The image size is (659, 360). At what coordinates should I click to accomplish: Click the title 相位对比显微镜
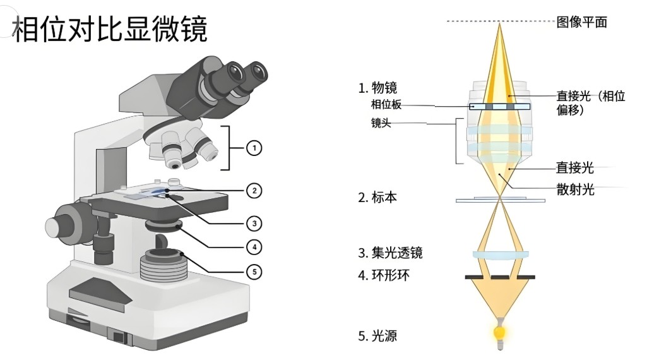point(110,30)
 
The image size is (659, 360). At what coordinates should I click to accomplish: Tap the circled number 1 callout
point(253,148)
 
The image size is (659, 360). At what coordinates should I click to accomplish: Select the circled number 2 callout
point(253,189)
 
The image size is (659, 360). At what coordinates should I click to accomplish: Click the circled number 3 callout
point(253,223)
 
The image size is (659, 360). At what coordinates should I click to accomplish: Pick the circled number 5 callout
point(253,272)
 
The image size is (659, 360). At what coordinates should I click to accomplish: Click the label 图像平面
point(581,22)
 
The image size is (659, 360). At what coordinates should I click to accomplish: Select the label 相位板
point(386,104)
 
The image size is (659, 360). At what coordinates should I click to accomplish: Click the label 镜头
point(381,123)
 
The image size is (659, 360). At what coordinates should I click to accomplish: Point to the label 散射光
point(574,189)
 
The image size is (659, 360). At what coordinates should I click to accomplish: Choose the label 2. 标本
point(377,198)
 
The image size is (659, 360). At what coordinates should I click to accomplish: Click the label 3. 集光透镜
point(390,253)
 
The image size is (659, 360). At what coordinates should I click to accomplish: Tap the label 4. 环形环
point(384,275)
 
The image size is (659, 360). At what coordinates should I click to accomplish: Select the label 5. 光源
point(377,335)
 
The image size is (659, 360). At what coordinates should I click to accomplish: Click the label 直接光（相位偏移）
point(590,102)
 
